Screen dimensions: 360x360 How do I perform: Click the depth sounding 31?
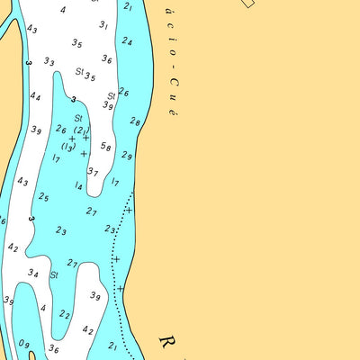click(103, 26)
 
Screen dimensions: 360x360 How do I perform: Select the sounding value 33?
click(49, 62)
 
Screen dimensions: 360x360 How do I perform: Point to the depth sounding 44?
click(35, 96)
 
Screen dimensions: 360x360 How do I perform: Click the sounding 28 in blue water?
click(135, 121)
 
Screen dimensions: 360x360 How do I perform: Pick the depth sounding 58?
click(106, 147)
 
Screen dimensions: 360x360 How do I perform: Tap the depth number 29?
click(127, 156)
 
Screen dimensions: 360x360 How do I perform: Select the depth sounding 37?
click(93, 172)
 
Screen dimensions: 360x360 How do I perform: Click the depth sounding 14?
click(79, 186)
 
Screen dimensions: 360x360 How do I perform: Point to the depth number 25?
click(43, 197)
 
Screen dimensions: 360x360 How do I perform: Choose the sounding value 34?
click(32, 273)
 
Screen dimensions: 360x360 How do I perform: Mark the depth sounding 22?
click(65, 314)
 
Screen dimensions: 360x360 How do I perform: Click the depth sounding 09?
click(24, 344)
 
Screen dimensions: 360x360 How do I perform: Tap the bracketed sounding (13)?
click(67, 147)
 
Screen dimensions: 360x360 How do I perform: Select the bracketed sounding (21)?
click(81, 130)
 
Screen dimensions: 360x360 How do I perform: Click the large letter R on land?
click(168, 343)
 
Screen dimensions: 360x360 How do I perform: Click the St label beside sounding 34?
click(54, 274)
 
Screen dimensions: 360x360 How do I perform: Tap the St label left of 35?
click(79, 70)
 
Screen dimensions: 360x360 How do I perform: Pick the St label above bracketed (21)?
click(78, 118)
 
